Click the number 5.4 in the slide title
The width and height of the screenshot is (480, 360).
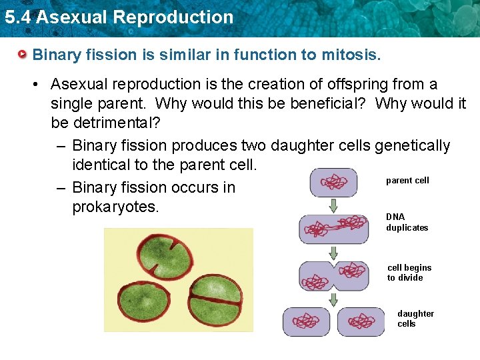coord(17,17)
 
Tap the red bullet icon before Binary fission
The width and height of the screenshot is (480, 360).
coord(23,54)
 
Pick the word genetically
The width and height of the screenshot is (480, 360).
coord(413,145)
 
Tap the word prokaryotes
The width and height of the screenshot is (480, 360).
coord(115,207)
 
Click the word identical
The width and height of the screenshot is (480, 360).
coord(105,164)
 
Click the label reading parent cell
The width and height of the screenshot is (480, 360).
coord(407,181)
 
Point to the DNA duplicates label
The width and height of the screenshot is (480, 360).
coord(407,222)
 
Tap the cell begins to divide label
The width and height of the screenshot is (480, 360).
coord(409,273)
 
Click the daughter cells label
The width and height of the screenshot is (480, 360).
coord(415,319)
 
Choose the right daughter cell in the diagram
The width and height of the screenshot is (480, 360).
coord(362,322)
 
